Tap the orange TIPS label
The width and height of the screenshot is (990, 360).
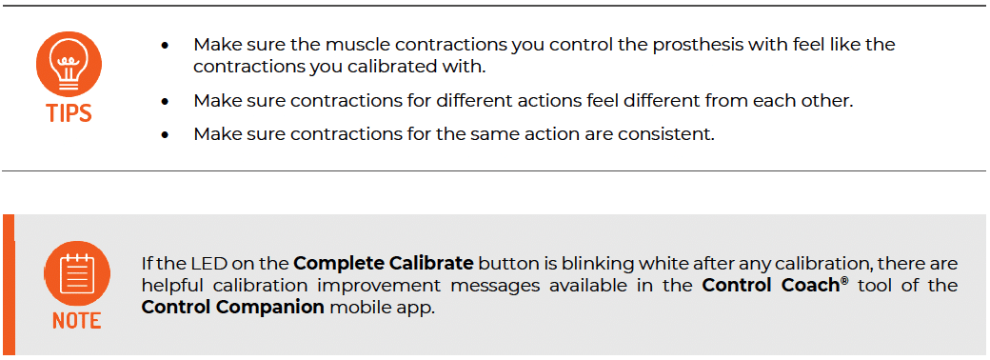coord(69,113)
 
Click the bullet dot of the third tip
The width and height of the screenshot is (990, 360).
coord(166,135)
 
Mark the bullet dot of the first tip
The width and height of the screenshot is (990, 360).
coord(166,45)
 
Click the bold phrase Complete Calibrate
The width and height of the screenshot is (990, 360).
coord(383,264)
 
